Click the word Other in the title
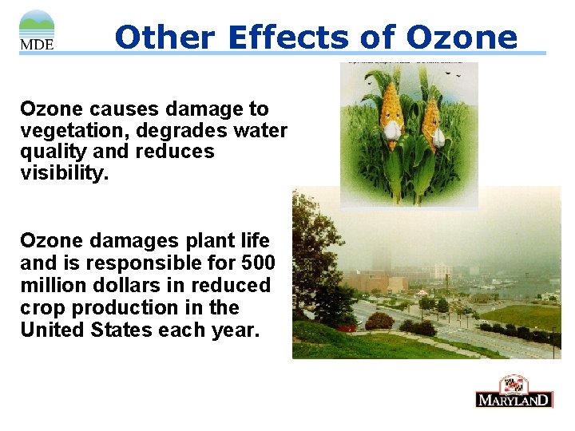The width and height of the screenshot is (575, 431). click(x=165, y=37)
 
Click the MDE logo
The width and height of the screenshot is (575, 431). click(x=37, y=30)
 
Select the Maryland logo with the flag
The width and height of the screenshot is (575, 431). click(x=514, y=391)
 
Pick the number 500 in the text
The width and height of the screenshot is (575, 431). click(x=259, y=263)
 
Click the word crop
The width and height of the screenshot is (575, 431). click(x=42, y=307)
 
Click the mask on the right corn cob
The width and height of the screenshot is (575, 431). click(x=438, y=136)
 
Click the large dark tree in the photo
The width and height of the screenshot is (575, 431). click(x=315, y=255)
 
